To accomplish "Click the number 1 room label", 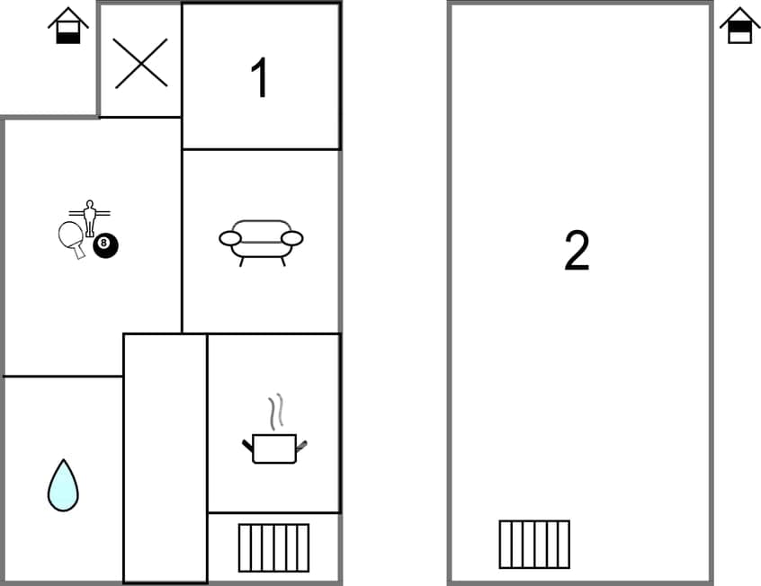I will (x=259, y=78).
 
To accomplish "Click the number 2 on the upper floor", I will (x=577, y=251).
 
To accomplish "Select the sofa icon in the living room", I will (x=261, y=241).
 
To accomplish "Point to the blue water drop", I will (x=63, y=486).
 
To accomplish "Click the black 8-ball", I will (x=105, y=244).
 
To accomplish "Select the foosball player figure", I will (x=89, y=216).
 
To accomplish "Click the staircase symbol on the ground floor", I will (x=273, y=547).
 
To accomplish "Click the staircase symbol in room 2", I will (x=534, y=544).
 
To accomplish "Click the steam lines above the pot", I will (x=279, y=410).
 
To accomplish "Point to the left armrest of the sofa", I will (x=230, y=238).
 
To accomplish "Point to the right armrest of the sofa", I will (x=291, y=238).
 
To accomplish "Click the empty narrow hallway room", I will (x=166, y=458).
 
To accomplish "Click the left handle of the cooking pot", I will (x=247, y=444).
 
